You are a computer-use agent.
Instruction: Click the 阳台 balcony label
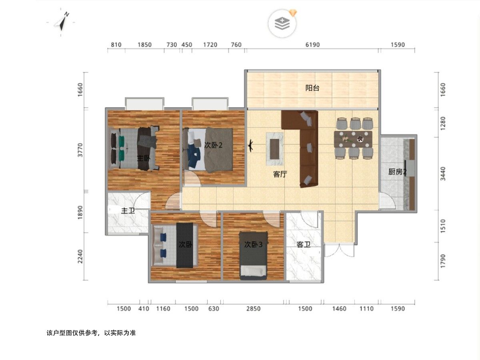click(x=312, y=88)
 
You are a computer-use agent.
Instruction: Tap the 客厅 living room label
click(x=280, y=174)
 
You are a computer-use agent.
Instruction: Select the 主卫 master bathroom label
click(x=128, y=211)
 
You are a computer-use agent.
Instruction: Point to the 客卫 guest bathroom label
click(x=304, y=244)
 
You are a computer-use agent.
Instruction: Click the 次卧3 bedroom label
click(x=254, y=244)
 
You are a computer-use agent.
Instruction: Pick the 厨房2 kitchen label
click(x=397, y=172)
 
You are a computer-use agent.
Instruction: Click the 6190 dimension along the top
click(x=312, y=45)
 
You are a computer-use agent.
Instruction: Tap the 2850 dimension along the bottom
click(x=254, y=309)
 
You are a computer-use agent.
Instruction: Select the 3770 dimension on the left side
click(x=80, y=150)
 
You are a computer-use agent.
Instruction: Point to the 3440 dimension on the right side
click(x=443, y=174)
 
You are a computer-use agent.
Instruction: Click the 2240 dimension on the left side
click(x=80, y=256)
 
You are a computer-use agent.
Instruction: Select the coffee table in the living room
click(x=275, y=149)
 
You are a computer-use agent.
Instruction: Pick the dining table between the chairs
click(x=353, y=139)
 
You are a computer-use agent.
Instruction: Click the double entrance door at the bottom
click(x=339, y=250)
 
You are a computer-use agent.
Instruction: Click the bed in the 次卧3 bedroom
click(x=254, y=256)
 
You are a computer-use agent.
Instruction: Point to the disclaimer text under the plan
click(x=91, y=333)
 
